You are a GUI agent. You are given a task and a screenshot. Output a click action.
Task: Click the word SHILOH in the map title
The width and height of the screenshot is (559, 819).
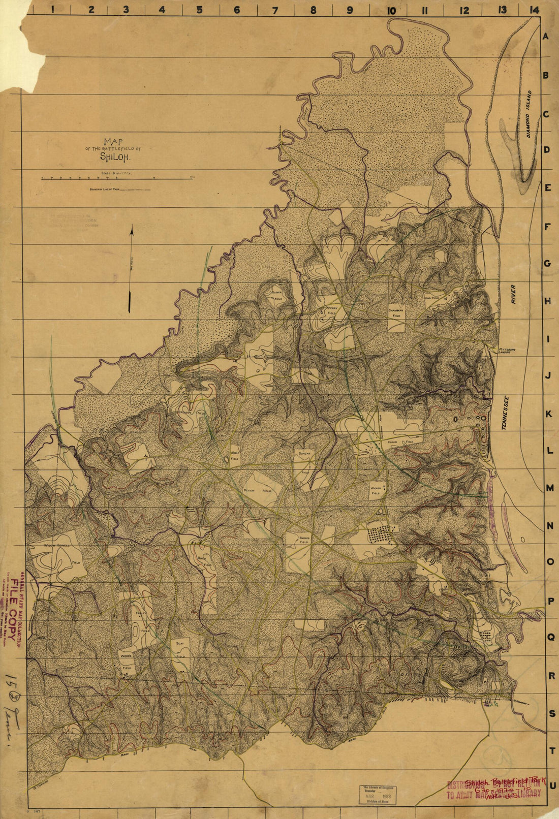point(115,157)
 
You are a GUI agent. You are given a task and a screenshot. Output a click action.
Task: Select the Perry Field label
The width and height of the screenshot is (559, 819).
point(332,311)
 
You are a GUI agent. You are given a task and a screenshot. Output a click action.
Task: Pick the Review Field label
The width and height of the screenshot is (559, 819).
point(257,491)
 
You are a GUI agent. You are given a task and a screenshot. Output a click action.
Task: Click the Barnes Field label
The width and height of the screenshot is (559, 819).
point(304,540)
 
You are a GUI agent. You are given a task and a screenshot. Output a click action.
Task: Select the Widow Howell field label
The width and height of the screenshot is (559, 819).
point(57,546)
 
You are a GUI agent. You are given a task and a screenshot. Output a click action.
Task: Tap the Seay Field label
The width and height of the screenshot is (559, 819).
point(180,650)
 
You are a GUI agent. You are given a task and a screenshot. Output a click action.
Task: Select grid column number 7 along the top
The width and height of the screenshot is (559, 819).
point(275,10)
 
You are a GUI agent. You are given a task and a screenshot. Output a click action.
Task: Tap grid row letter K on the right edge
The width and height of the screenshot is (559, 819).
point(548,414)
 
